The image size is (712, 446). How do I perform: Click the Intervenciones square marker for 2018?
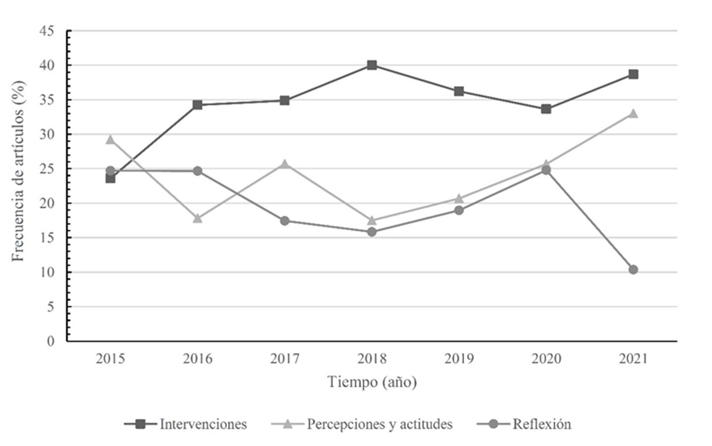372,65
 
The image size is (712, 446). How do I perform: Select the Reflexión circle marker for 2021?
633,269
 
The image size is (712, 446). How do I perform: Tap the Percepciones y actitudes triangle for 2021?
633,113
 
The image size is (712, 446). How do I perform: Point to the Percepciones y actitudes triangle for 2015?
110,139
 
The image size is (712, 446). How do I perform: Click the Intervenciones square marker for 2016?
198,105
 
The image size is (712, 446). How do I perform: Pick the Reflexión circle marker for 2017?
284,221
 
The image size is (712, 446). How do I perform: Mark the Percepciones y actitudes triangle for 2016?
198,218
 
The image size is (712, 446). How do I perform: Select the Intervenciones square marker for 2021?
633,74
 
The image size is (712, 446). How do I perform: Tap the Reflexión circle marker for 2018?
372,232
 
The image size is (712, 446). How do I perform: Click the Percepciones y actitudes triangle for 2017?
284,164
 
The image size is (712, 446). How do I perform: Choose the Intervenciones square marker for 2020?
546,109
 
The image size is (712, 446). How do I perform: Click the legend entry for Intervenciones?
186,424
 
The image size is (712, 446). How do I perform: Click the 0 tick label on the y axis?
51,341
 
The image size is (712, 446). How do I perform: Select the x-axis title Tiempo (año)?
372,383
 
